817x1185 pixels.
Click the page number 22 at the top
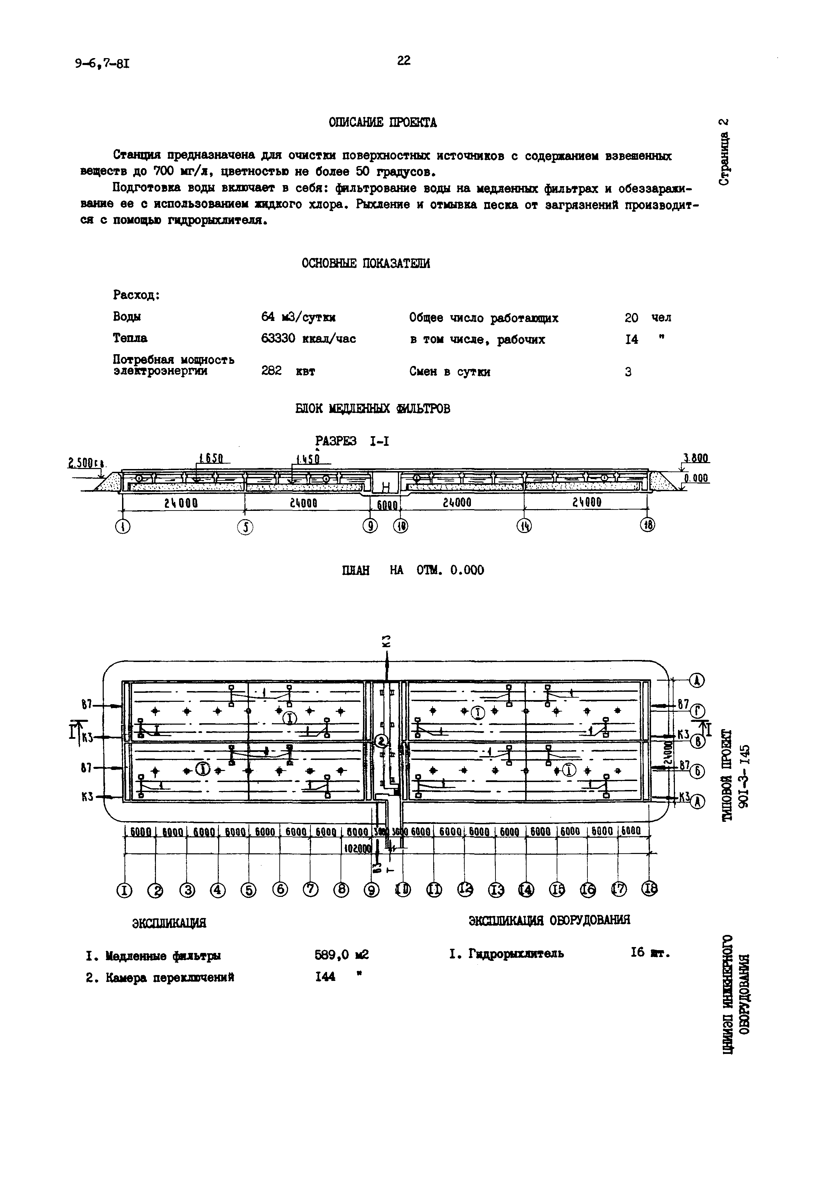[403, 61]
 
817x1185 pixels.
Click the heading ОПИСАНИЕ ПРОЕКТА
[382, 123]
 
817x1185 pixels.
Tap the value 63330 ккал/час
[308, 339]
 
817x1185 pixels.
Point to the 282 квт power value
[288, 371]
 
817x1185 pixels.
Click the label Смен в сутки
[449, 372]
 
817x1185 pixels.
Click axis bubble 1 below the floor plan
[124, 891]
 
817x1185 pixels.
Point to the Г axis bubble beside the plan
[698, 711]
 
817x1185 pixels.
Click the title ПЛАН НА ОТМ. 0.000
[412, 570]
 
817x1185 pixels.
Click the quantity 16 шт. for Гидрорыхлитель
[650, 953]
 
